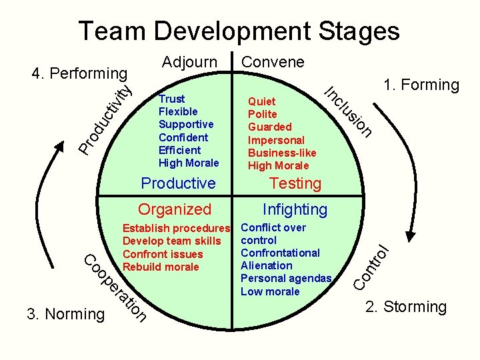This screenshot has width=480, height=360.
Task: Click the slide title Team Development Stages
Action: coord(239,31)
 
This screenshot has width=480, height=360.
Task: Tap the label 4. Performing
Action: coord(80,73)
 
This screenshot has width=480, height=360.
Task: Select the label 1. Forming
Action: coord(421,85)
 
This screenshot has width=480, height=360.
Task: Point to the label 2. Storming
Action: coord(405,307)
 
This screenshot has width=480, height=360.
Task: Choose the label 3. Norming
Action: coord(65,313)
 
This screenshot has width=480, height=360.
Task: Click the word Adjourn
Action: coord(191,62)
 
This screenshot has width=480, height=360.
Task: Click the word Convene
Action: coord(273,62)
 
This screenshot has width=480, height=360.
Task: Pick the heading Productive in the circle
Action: coord(179,183)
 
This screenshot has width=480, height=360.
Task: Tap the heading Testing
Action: coord(295,183)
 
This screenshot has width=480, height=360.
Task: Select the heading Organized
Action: coord(174,209)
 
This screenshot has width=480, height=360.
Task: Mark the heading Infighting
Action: coord(295,209)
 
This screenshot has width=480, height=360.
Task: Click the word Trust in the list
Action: coord(171,99)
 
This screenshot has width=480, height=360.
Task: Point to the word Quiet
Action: coord(261,101)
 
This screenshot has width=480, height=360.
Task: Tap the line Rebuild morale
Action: coord(161,267)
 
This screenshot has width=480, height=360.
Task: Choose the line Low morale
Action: coord(270,291)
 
